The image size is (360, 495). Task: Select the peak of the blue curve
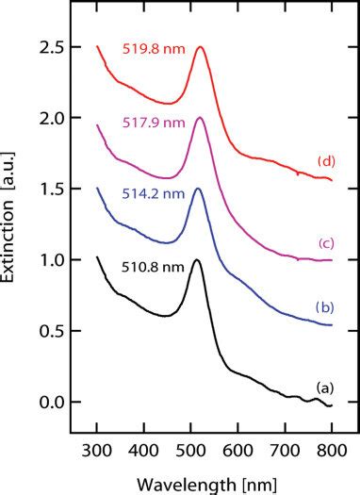coord(198,189)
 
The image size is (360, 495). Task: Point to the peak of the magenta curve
coord(199,118)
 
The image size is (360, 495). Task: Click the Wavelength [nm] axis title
coord(215,482)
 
